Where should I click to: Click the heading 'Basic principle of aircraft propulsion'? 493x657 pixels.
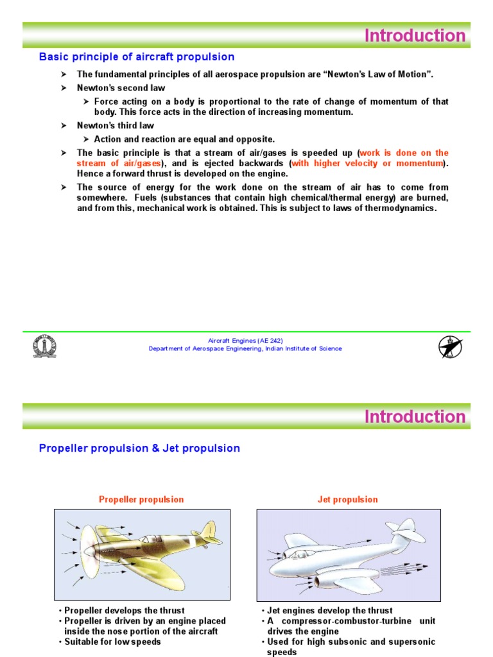(137, 57)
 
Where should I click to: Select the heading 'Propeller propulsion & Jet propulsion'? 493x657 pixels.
(139, 448)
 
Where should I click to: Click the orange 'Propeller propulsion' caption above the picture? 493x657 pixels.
(141, 499)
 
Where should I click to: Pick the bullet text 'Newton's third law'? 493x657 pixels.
(115, 126)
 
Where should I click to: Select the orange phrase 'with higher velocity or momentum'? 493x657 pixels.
(367, 164)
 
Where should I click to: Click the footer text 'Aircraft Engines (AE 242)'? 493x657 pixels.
(245, 341)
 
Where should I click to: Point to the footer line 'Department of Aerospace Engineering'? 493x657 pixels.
(245, 349)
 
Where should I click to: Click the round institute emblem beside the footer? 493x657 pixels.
(45, 346)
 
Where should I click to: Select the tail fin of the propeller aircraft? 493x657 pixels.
(208, 531)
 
